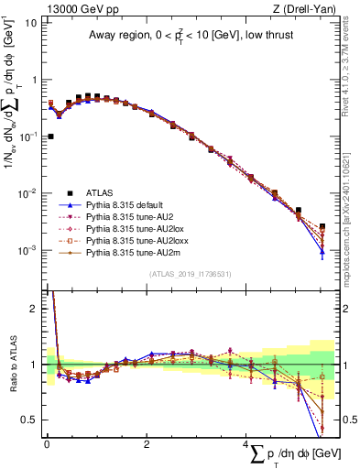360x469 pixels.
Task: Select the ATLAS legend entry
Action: tap(101, 193)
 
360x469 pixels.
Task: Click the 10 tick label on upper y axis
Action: tap(30, 22)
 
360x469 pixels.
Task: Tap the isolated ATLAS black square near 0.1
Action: tap(49, 136)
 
